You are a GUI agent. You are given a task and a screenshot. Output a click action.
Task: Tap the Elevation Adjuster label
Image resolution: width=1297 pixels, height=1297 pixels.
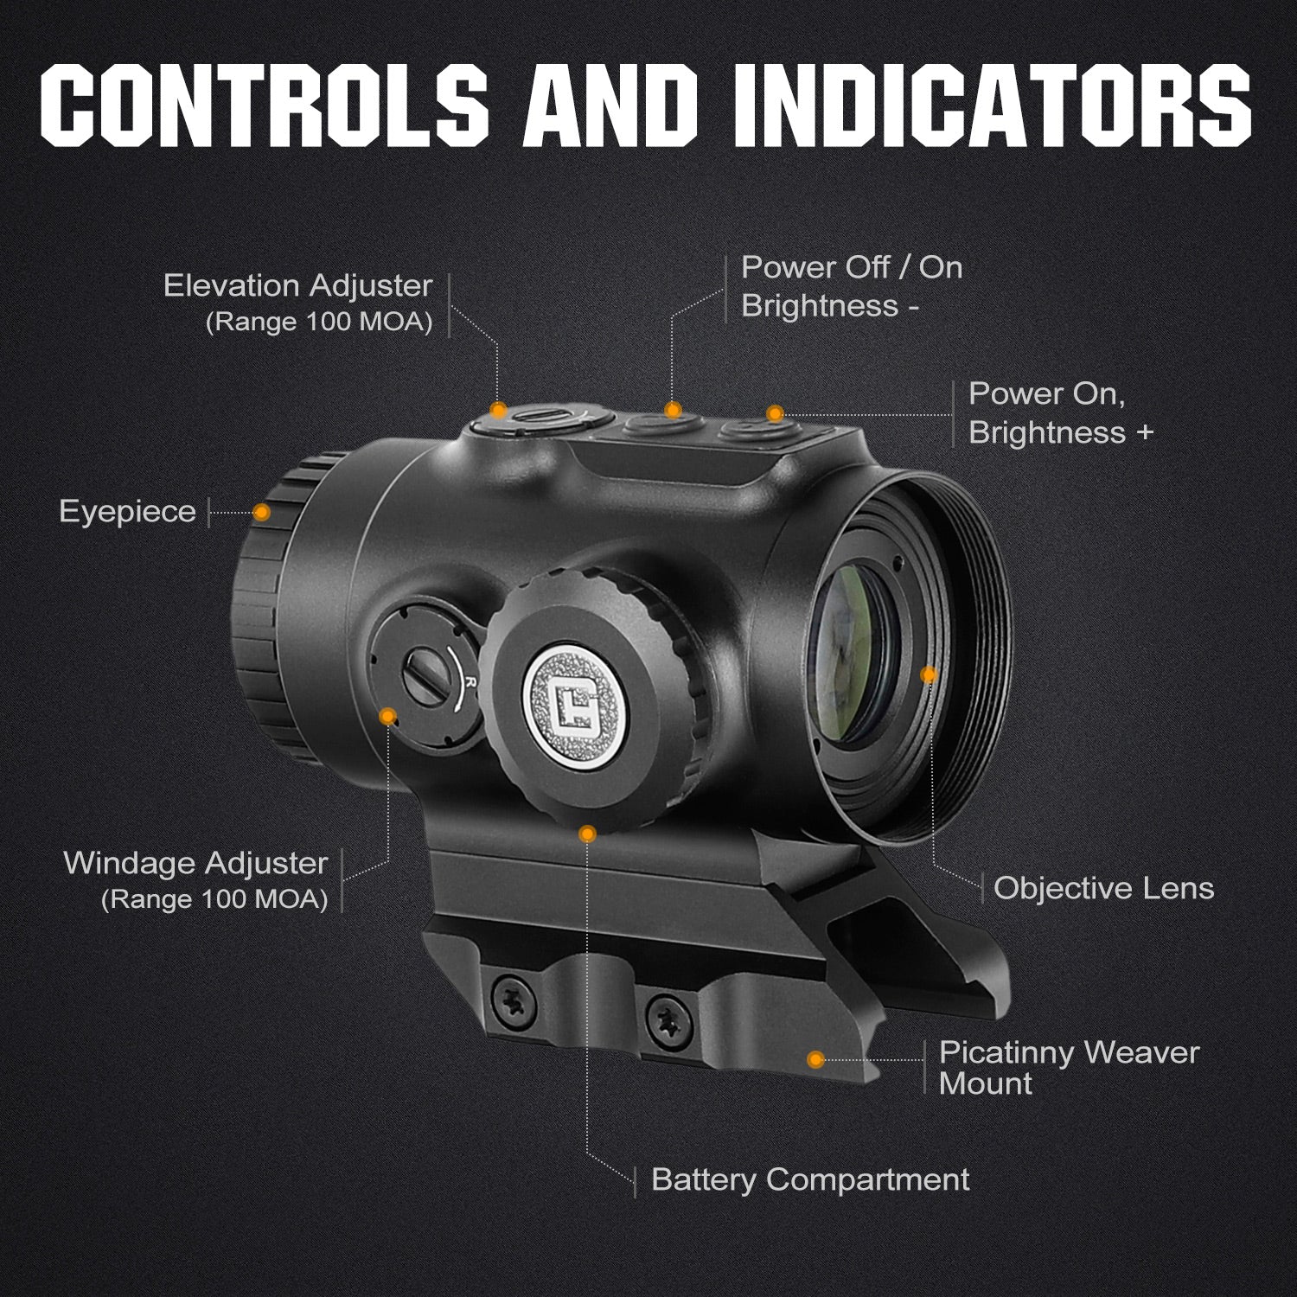pos(298,285)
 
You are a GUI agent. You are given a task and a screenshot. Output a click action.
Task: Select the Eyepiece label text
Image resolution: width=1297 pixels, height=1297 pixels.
pos(128,512)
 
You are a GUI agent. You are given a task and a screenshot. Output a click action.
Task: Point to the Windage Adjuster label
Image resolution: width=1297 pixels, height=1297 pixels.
pos(196,863)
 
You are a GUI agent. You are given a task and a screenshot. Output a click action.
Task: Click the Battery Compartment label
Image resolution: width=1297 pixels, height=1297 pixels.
pos(811,1179)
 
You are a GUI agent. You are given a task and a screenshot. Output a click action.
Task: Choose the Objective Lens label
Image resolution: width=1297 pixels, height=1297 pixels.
pos(1104,888)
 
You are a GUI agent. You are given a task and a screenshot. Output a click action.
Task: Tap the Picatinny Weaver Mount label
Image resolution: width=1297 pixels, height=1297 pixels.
pos(1070,1068)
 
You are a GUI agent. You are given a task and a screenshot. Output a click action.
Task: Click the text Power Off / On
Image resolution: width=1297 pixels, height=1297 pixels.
pos(852,267)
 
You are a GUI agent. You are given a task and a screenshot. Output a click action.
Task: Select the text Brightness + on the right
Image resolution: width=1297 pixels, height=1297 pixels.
pos(1062,432)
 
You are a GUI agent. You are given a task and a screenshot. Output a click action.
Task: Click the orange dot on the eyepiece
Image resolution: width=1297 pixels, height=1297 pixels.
pos(261,512)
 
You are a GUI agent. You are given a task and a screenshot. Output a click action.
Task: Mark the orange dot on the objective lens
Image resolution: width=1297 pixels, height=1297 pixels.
pos(929,674)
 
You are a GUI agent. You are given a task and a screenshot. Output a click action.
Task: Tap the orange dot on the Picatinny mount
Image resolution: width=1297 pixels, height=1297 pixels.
pos(815,1059)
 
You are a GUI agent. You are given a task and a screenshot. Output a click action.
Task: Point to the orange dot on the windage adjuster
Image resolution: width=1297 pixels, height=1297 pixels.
pos(388,716)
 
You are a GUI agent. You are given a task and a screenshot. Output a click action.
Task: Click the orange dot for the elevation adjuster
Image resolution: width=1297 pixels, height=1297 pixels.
pos(498,409)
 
